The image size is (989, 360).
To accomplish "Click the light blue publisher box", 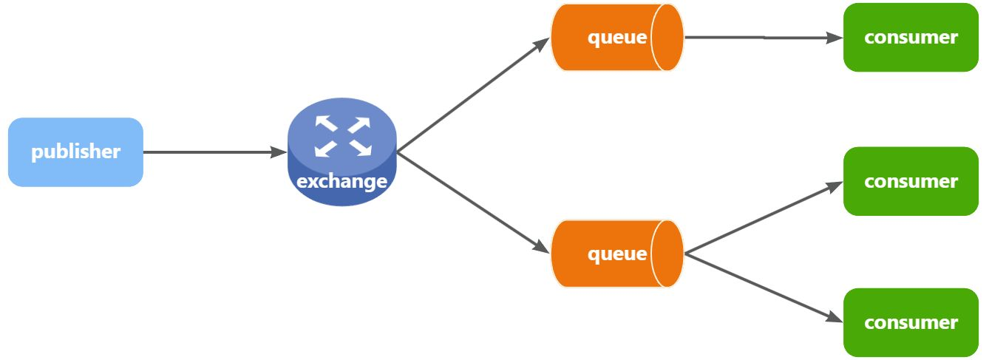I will (75, 152).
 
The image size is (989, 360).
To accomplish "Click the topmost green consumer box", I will (911, 37).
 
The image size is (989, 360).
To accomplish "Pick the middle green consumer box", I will (911, 181).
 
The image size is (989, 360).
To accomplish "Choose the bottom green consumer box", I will (911, 322).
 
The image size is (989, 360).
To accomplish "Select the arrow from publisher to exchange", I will (214, 152).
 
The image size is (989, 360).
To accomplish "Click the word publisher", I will (75, 152).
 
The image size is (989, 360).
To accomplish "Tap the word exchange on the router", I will (341, 181).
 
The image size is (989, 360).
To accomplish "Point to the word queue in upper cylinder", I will (617, 37).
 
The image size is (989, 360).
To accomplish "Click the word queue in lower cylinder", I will (617, 254).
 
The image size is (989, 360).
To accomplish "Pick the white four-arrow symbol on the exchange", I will (341, 136).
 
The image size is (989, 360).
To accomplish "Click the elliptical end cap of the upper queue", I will (667, 37).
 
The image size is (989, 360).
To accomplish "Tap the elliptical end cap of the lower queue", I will (667, 254).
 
